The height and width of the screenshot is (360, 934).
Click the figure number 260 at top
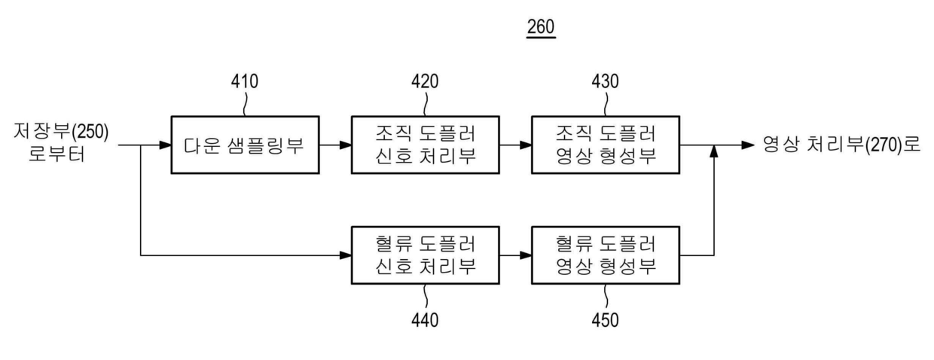click(x=541, y=27)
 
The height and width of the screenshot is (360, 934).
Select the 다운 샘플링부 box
click(x=244, y=145)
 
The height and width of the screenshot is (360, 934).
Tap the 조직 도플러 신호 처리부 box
click(x=426, y=145)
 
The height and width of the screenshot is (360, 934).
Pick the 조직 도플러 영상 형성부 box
click(x=606, y=145)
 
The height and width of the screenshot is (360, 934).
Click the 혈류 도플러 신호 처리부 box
click(x=426, y=255)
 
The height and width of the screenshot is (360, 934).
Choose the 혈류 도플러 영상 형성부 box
click(x=606, y=255)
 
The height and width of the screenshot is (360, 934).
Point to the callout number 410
click(x=243, y=81)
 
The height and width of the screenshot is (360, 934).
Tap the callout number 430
click(x=605, y=81)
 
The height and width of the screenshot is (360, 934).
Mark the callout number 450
click(x=605, y=319)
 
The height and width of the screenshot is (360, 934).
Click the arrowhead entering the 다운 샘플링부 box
click(x=165, y=145)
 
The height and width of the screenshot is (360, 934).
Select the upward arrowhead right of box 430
click(x=713, y=153)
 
